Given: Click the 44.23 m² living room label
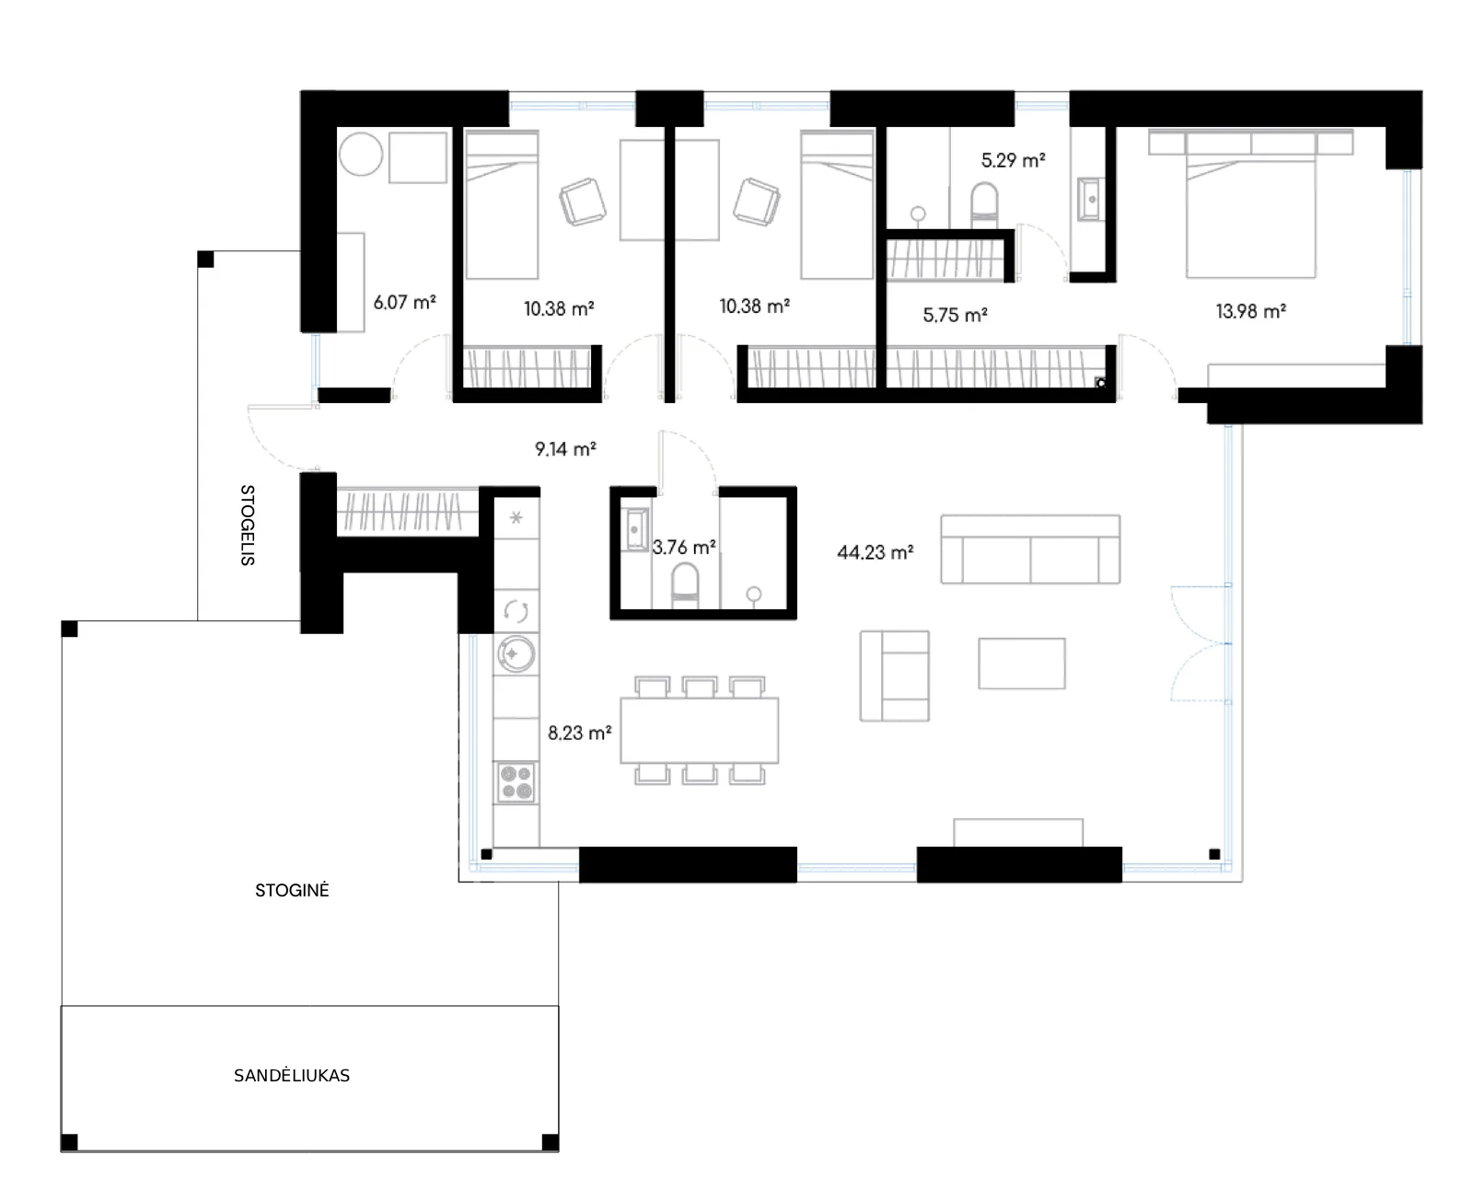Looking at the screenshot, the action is click(x=876, y=552).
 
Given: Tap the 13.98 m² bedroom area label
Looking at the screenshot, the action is click(x=1250, y=311).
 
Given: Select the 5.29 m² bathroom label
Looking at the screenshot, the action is click(x=1013, y=160).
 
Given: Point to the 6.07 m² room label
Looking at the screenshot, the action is click(x=404, y=302).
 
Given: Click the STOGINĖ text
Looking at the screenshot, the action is click(x=292, y=890).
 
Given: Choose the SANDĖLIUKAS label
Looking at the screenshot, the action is click(x=292, y=1075).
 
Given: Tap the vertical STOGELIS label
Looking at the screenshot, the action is click(x=248, y=525).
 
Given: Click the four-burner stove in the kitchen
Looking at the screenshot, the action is click(x=516, y=782).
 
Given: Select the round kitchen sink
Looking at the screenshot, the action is click(x=516, y=653).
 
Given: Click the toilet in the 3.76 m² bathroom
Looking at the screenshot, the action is click(x=685, y=585).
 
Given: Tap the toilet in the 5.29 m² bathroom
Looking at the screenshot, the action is click(x=984, y=204).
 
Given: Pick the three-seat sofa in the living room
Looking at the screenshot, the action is click(x=1030, y=549).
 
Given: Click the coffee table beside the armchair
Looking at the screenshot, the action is click(x=1021, y=664).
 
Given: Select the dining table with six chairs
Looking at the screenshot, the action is click(x=700, y=730).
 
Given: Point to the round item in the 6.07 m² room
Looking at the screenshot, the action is click(x=361, y=154).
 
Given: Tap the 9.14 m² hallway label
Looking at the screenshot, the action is click(x=565, y=449).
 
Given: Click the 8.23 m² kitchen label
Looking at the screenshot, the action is click(x=579, y=733).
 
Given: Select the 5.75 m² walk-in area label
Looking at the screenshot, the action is click(x=955, y=315).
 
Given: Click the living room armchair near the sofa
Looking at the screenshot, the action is click(x=895, y=676).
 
